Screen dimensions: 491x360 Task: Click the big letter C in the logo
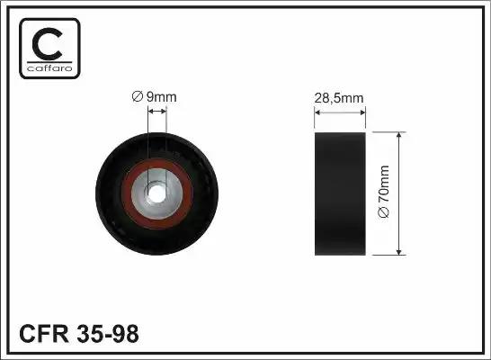coord(47,44)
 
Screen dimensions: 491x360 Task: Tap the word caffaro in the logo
coord(49,68)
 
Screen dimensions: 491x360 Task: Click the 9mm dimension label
coord(154,97)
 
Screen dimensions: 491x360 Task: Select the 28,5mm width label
coord(339,98)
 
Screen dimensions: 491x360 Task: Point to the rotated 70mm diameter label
coord(384,191)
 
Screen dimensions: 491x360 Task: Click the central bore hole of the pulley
coord(156,193)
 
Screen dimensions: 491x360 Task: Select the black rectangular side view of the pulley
coord(340,193)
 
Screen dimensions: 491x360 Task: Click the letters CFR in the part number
coord(43,334)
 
